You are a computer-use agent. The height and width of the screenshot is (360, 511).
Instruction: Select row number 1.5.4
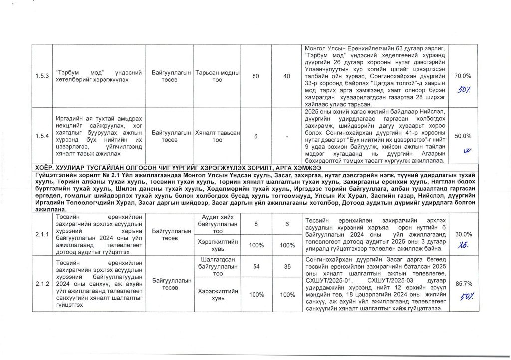pos(44,136)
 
